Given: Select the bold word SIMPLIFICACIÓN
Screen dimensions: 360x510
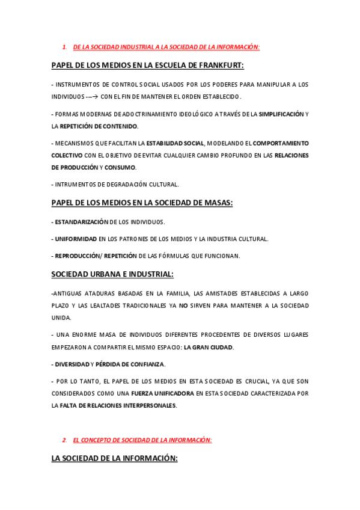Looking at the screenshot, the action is [281, 114].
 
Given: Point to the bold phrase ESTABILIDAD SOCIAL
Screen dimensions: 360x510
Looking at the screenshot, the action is [175, 143].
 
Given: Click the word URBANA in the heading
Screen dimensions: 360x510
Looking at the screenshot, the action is [112, 274].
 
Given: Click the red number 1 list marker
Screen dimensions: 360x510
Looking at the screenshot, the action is [64, 46].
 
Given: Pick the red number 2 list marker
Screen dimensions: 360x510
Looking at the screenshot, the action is [64, 440].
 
